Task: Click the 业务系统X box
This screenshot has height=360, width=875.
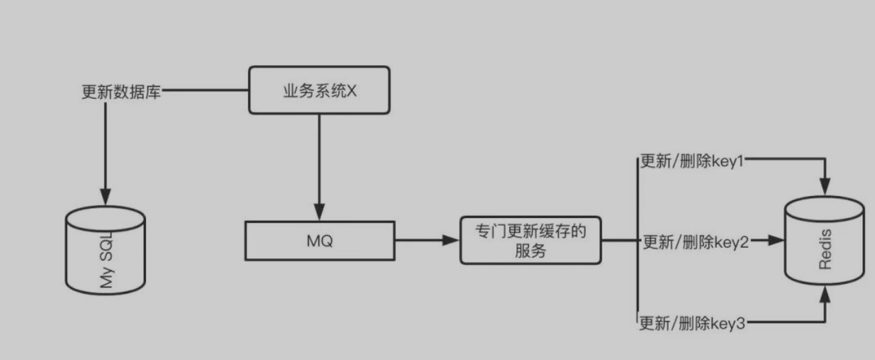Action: click(x=319, y=90)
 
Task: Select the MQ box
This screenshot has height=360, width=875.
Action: click(x=320, y=241)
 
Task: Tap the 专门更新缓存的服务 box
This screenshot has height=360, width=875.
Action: click(x=530, y=240)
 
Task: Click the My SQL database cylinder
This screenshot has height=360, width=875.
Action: click(x=105, y=249)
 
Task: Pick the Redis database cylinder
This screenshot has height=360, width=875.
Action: click(x=824, y=240)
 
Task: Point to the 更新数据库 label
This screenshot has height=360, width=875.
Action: click(x=121, y=91)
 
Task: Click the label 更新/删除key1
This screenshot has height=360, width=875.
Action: click(x=692, y=161)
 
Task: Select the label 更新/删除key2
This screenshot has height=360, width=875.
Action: click(x=696, y=242)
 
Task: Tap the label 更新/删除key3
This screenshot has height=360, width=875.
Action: click(x=692, y=323)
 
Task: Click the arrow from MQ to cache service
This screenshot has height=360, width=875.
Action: click(x=426, y=240)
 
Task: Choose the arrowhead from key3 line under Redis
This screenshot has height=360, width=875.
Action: click(x=824, y=296)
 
